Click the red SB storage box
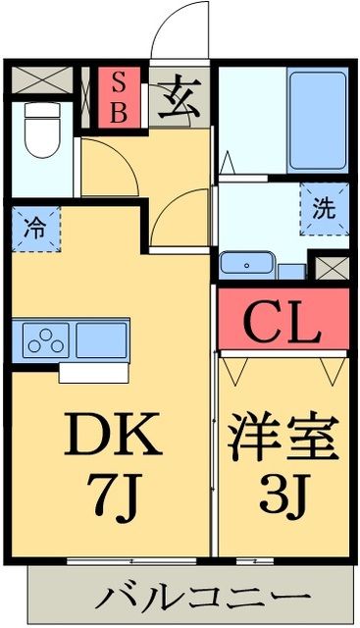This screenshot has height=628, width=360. coord(118,95)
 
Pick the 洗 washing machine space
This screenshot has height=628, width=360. coord(322,208)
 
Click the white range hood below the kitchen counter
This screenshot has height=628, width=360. coord(93,373)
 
